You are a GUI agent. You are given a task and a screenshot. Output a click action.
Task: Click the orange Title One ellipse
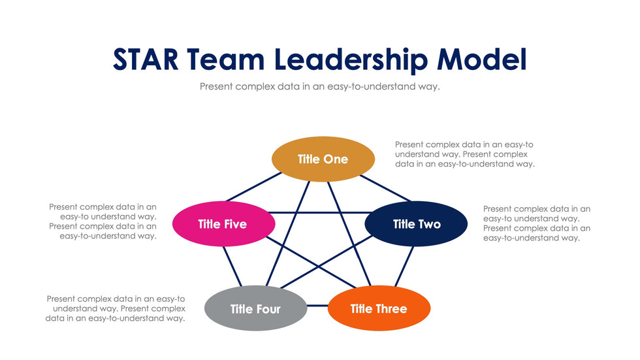point(323,159)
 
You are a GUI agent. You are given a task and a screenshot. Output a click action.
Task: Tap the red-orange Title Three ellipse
point(379,308)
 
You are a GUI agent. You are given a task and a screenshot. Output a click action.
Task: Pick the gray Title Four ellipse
point(255,308)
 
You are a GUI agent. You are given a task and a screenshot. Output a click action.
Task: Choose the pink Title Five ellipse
point(223,224)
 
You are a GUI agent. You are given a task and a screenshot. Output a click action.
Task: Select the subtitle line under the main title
point(320,86)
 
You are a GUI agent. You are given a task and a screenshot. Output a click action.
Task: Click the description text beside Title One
point(465,154)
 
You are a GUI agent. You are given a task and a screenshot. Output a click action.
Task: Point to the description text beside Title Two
point(537,223)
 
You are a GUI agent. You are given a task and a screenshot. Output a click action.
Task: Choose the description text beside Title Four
point(116,308)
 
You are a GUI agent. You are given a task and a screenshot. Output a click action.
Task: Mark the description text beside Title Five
point(103,221)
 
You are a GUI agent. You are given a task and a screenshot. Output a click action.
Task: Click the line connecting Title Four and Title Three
point(317,306)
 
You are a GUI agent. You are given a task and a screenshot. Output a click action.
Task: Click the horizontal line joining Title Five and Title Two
point(319,212)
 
